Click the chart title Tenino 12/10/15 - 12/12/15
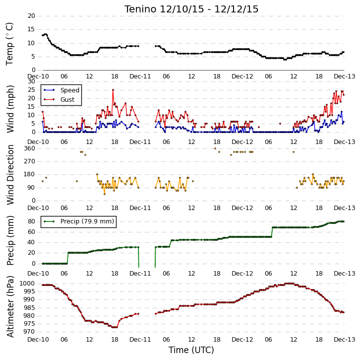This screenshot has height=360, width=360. coord(191,9)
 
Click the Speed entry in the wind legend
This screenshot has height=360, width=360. coord(70,90)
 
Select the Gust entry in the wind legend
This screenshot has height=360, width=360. coord(67,99)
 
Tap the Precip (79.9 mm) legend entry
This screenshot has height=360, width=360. coord(87,221)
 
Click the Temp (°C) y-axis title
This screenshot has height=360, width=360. coord(10,44)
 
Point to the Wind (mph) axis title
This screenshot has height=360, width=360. coord(10,109)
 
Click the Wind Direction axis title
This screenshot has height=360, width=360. coord(10,175)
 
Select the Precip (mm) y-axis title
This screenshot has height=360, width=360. coord(10,240)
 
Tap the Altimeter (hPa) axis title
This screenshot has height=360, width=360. coord(10,307)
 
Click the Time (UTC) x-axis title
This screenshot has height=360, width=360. coord(191,350)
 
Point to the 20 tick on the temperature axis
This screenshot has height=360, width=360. coord(31,16)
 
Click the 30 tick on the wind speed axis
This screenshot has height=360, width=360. coord(31,81)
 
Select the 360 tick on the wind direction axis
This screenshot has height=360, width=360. coord(30,148)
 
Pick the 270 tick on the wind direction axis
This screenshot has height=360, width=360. coord(30,161)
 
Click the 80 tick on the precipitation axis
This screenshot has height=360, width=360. coord(31,221)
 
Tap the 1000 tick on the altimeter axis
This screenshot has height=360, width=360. coord(27,284)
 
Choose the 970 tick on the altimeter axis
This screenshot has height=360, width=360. coord(29,332)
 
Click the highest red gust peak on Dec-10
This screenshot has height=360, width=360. coord(113,90)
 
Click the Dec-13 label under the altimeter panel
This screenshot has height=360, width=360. coord(345,340)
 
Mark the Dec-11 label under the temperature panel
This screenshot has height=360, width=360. coord(140,76)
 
